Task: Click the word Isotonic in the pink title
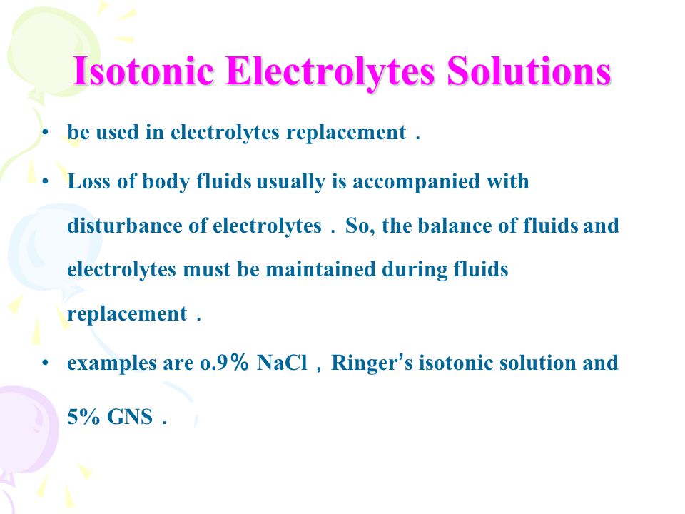[143, 71]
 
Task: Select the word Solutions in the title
[529, 71]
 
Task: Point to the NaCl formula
[282, 363]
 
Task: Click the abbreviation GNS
[130, 417]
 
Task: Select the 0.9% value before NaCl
[225, 363]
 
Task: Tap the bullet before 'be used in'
[45, 133]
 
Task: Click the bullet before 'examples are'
[45, 363]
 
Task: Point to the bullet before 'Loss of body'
[45, 182]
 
